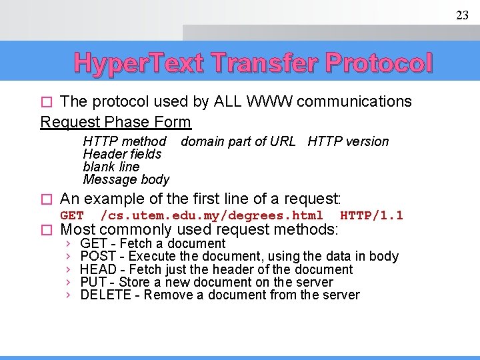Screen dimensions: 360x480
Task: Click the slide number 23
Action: [x=462, y=15]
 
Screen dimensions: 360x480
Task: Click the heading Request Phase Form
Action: [x=116, y=122]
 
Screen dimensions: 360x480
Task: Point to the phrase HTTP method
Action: [x=125, y=141]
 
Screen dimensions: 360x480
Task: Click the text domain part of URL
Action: [x=238, y=141]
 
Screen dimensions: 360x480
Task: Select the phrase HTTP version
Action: [x=348, y=141]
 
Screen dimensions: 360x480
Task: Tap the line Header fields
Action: [x=122, y=154]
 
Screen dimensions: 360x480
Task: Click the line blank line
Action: [x=111, y=167]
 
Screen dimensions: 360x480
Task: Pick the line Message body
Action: [x=126, y=179]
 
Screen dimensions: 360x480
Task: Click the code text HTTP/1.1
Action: [x=371, y=215]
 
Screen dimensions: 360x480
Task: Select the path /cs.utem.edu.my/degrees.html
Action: [x=211, y=215]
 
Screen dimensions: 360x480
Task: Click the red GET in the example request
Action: [x=72, y=215]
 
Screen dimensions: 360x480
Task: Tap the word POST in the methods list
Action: [x=98, y=257]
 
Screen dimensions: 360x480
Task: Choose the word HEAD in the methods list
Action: [x=98, y=269]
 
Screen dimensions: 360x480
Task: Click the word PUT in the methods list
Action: [x=93, y=282]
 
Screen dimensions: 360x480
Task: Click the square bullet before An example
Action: [x=45, y=199]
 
